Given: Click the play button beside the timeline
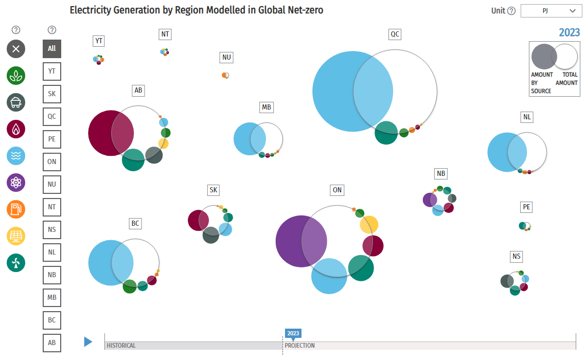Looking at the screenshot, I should coord(88,341).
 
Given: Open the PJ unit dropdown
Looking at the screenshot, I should coord(551,11).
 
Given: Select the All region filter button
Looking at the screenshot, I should coord(52,49).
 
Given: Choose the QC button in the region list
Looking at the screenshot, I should coord(52,117).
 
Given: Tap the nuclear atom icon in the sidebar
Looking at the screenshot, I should coord(16,182).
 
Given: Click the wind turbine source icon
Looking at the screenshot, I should coord(16,263).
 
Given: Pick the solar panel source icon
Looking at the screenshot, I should coord(16,236).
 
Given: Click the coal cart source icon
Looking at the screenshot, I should coord(16,102).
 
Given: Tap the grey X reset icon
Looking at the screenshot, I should coord(16,49).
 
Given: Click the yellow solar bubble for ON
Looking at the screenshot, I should coord(369,224).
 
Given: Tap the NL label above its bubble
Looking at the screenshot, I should coord(527,117).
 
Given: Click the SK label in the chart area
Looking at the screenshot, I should coord(213,190).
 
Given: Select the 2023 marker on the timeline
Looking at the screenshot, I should coord(293,333).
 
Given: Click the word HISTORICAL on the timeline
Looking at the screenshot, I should coord(121,346).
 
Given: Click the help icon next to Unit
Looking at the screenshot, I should coord(511,11).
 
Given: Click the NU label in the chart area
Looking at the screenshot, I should coord(226,58).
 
